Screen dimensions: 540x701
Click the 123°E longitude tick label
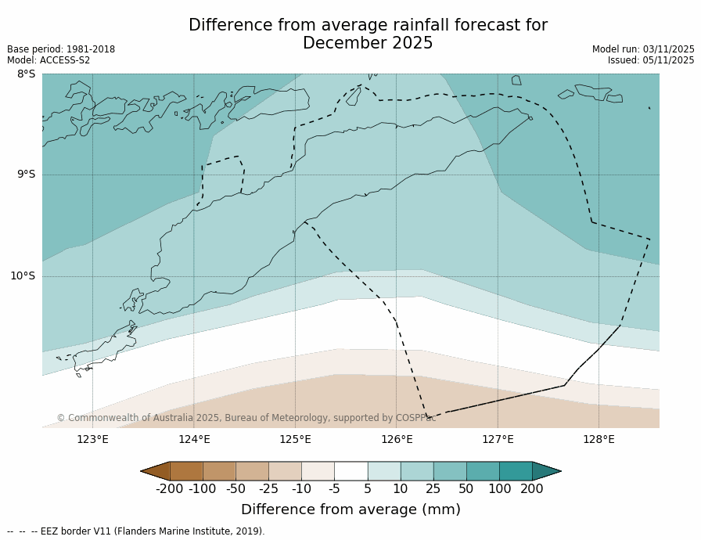92,439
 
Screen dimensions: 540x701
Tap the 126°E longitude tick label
397,439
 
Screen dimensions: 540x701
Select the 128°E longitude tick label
599,439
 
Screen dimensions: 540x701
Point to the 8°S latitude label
26,74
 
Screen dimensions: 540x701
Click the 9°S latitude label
26,175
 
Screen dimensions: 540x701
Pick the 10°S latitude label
23,275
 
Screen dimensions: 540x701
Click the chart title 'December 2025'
368,44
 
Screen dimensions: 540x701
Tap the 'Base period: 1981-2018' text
61,49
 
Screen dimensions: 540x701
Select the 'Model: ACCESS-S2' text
49,60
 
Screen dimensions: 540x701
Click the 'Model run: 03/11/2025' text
643,49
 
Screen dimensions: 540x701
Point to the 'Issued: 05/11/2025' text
651,60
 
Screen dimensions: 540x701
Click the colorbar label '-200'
169,489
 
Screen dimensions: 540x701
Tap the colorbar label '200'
532,489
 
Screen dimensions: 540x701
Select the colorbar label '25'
433,489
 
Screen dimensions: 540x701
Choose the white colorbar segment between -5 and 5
350,471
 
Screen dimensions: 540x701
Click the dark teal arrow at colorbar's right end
545,471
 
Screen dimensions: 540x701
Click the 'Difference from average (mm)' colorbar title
350,509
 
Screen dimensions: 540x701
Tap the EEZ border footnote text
136,531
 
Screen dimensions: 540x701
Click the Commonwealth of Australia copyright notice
246,418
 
